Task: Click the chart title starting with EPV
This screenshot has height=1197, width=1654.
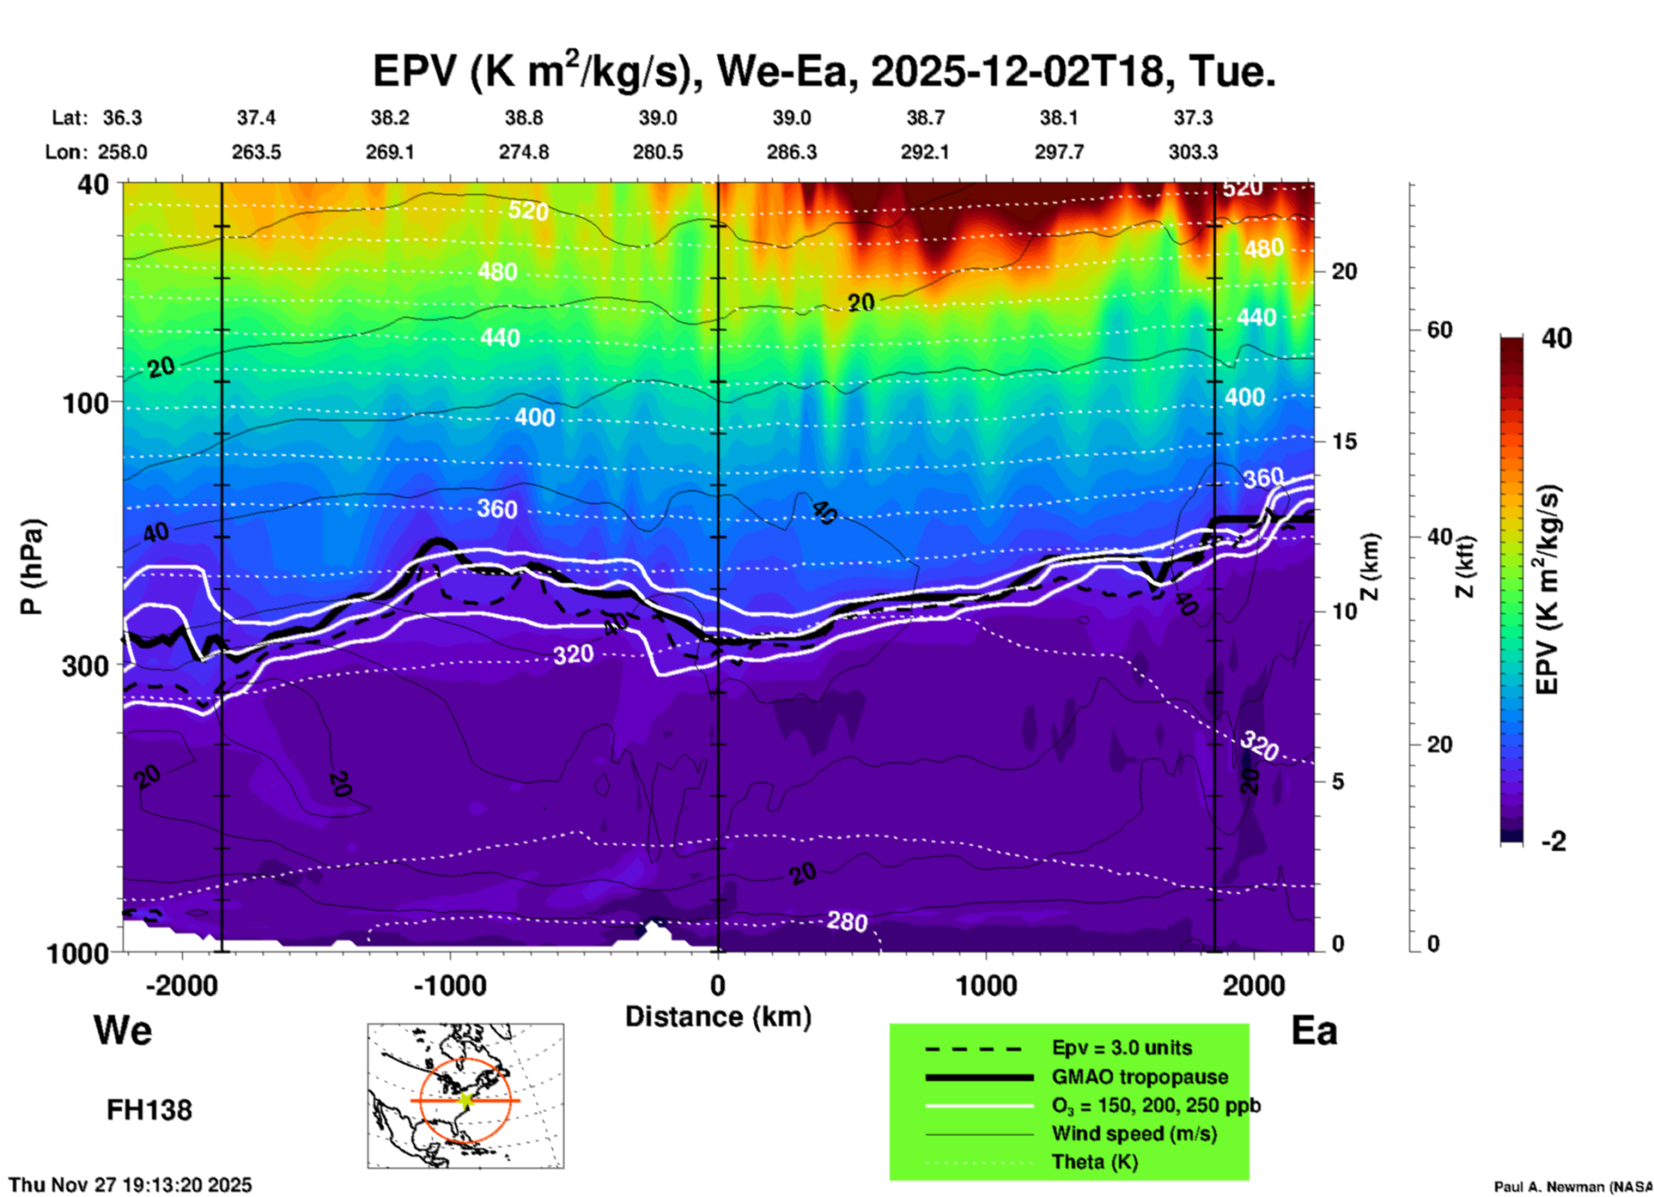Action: click(823, 71)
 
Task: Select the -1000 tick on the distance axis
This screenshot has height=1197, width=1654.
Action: click(449, 985)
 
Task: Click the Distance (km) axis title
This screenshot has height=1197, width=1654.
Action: click(718, 1017)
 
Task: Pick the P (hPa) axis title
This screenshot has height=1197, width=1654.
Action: click(32, 567)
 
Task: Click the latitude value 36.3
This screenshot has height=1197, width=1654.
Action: click(122, 118)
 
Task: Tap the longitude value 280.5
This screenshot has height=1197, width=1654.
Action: click(658, 152)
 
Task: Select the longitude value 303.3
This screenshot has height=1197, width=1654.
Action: click(1193, 152)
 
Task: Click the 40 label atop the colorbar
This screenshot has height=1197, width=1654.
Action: click(1556, 338)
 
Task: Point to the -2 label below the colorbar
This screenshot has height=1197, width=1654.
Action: click(1554, 841)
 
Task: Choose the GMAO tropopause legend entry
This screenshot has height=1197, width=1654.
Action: click(1139, 1077)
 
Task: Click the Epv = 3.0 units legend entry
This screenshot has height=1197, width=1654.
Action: click(1122, 1048)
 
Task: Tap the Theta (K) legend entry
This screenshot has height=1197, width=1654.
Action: click(1094, 1162)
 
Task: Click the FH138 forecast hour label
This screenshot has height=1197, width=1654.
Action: click(149, 1110)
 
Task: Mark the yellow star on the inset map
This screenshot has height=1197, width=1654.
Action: click(465, 1100)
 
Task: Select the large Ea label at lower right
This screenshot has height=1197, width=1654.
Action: click(1314, 1030)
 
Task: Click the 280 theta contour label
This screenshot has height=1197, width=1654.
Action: click(847, 921)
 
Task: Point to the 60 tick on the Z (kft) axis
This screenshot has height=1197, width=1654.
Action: click(1439, 330)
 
